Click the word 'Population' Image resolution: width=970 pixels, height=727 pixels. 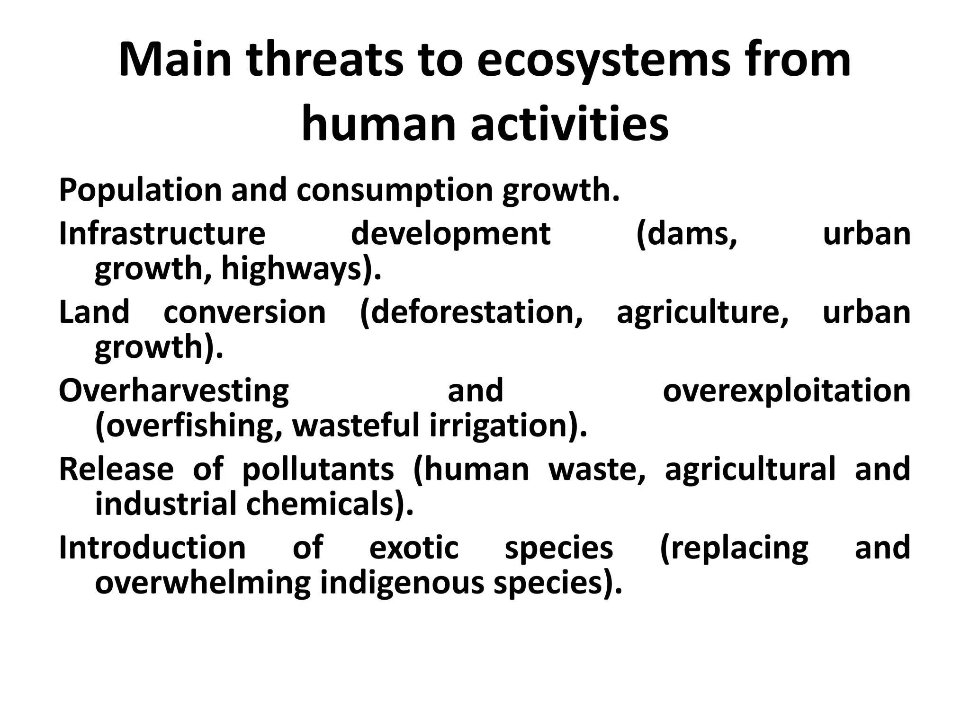click(140, 190)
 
